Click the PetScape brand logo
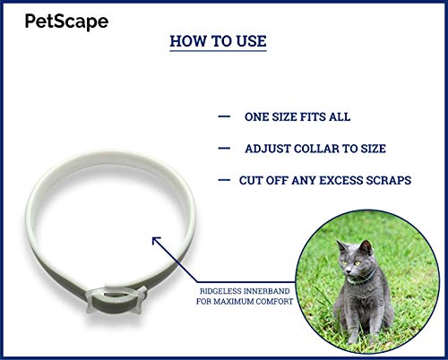coord(66,21)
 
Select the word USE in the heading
coord(252,41)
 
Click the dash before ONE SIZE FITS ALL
coord(224,116)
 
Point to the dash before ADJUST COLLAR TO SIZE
coord(224,149)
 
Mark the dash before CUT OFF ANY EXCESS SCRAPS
coord(224,180)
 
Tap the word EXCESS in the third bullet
coord(340,180)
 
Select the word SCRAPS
coord(389,180)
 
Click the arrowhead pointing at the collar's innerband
coord(156,240)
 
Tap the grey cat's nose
coord(347,272)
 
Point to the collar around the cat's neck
coord(361,280)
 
